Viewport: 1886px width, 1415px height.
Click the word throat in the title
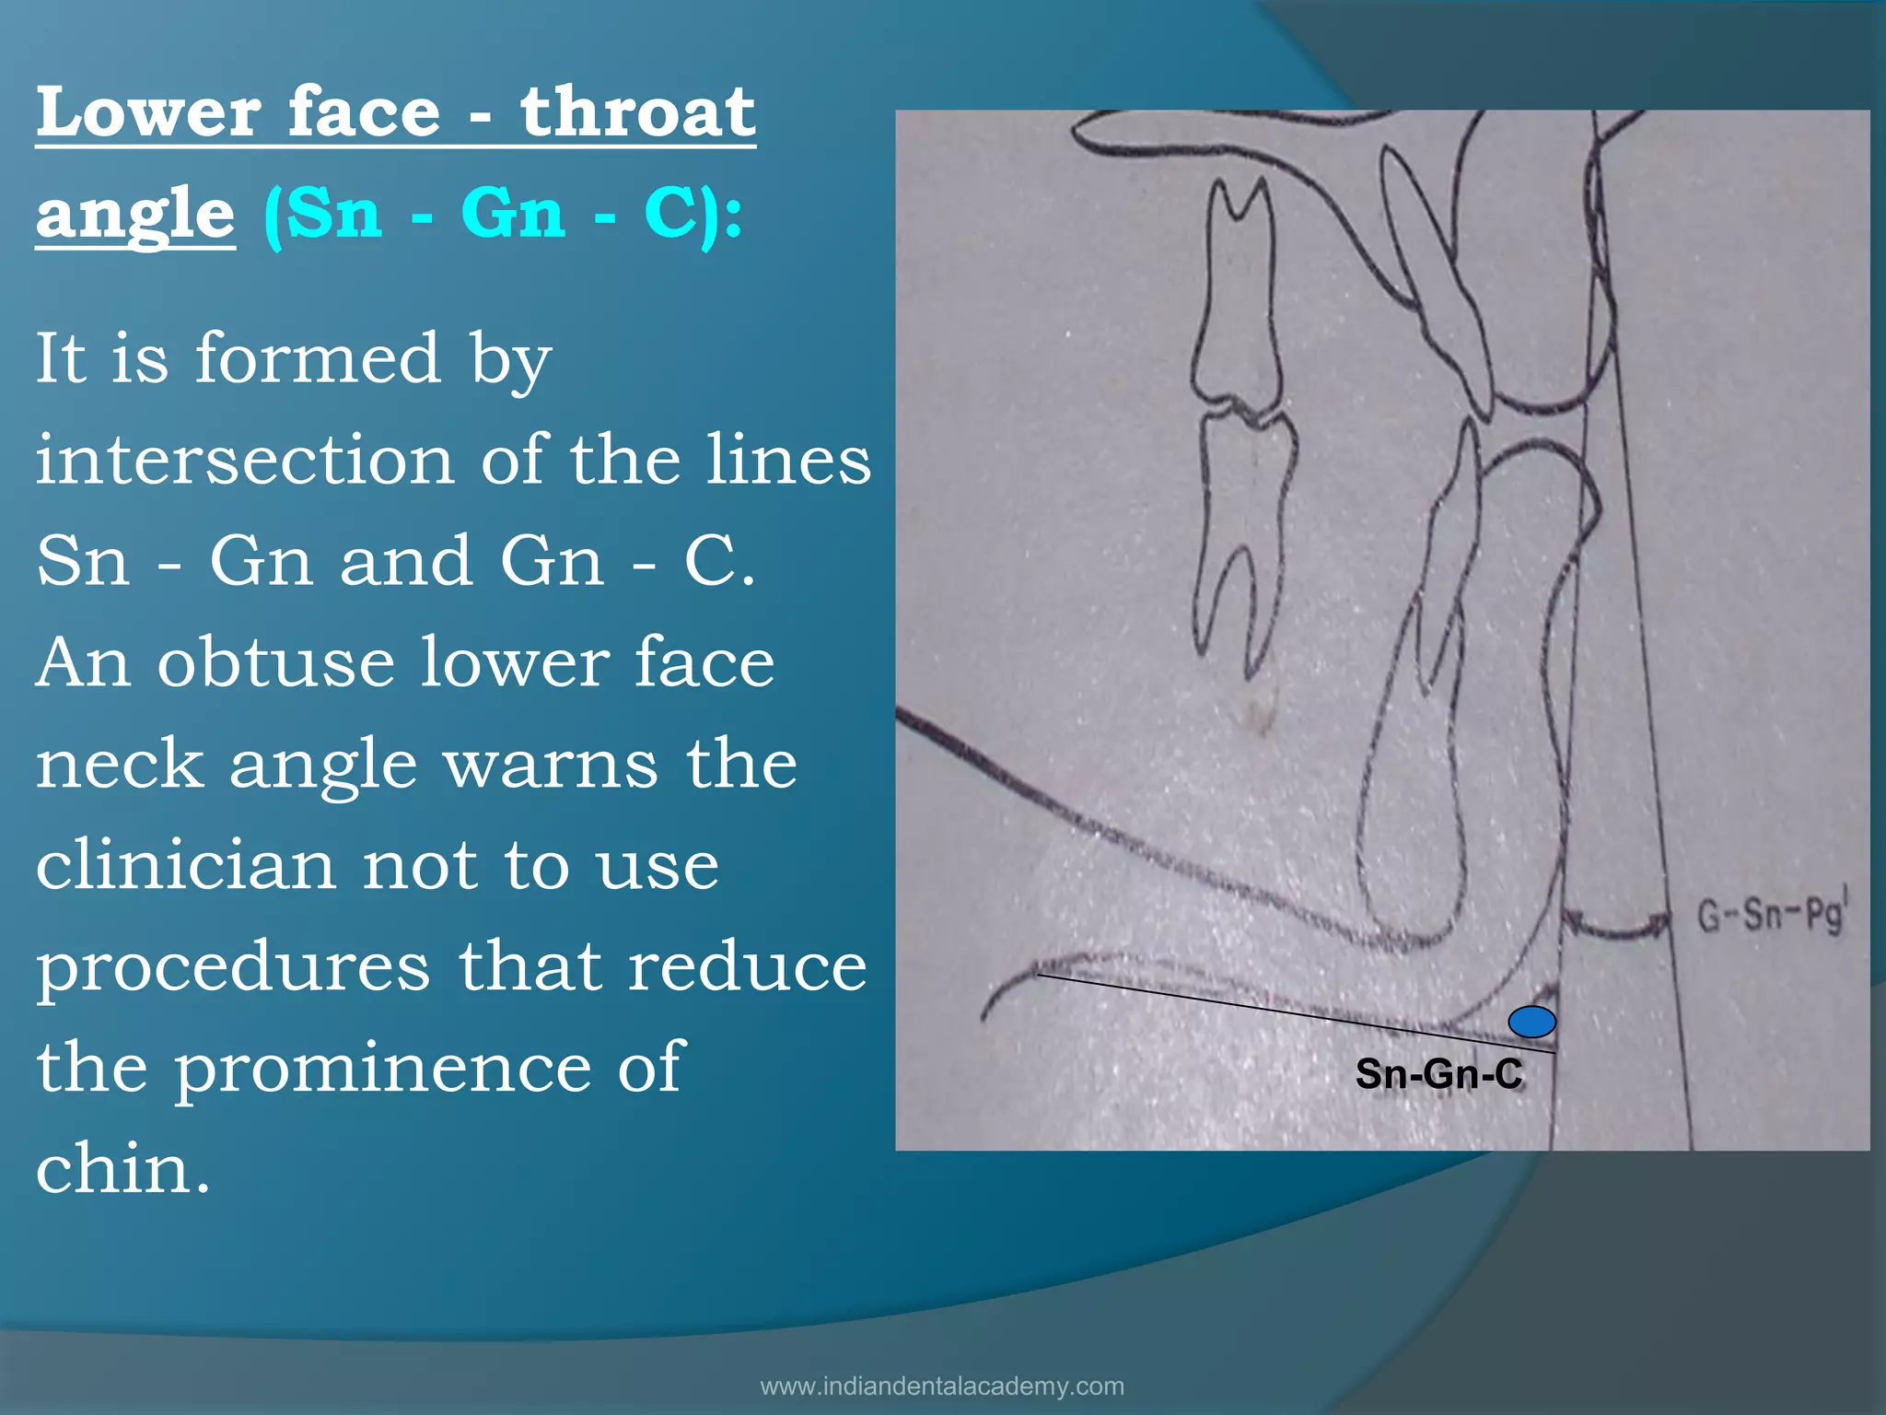pos(637,112)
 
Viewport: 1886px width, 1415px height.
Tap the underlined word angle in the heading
pos(135,215)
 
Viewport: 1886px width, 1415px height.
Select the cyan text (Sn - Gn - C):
pos(503,215)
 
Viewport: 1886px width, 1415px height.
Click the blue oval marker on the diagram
pos(1531,1022)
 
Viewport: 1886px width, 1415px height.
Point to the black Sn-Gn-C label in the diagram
pos(1438,1074)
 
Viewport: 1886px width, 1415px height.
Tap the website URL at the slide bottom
pos(942,1386)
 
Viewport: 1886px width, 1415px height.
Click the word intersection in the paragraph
pos(245,460)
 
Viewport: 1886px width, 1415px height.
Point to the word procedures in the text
pos(233,967)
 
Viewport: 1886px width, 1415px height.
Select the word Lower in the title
pos(146,112)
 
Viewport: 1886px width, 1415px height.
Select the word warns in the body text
pos(551,765)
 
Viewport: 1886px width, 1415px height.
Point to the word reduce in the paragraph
pos(746,967)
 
